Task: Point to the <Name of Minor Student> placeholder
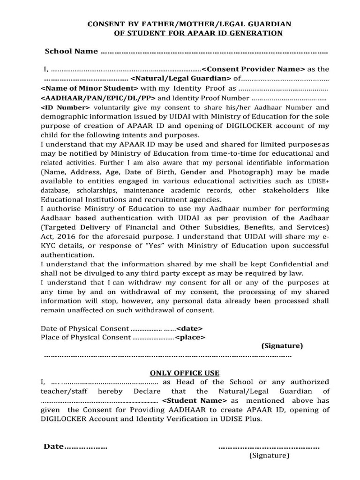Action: tap(90, 88)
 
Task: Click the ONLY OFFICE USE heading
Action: tap(184, 373)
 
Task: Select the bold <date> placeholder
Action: tap(189, 328)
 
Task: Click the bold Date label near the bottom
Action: tap(53, 446)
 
